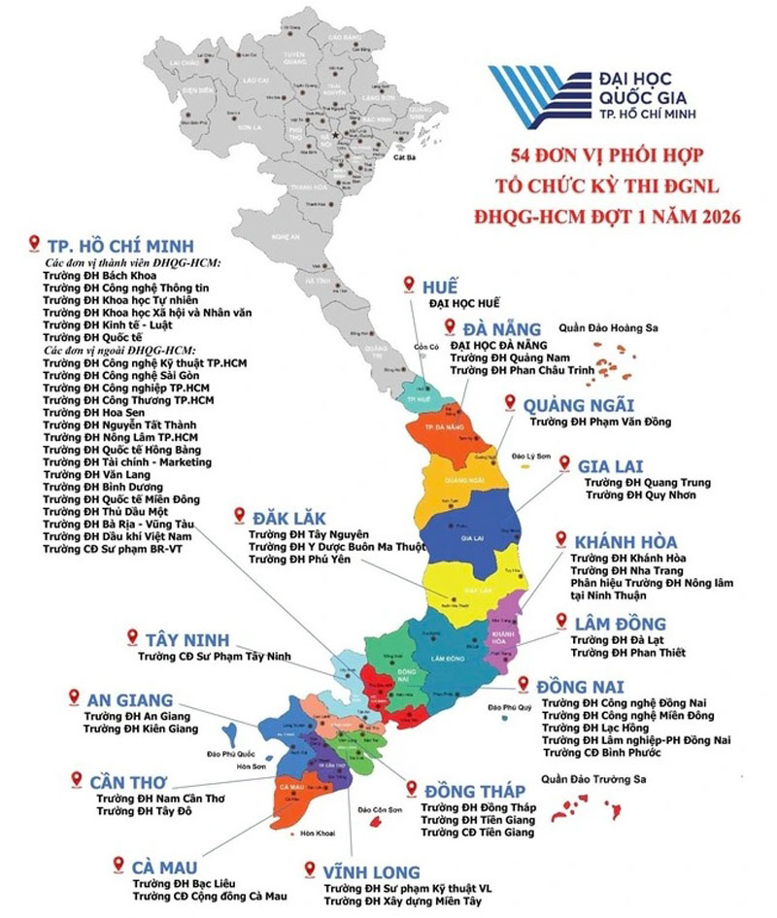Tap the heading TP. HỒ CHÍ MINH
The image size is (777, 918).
click(121, 244)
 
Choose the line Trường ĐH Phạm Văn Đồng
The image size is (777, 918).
click(599, 423)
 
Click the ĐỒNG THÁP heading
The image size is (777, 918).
click(475, 790)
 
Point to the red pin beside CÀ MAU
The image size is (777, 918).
click(118, 864)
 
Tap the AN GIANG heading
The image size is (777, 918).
click(129, 699)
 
